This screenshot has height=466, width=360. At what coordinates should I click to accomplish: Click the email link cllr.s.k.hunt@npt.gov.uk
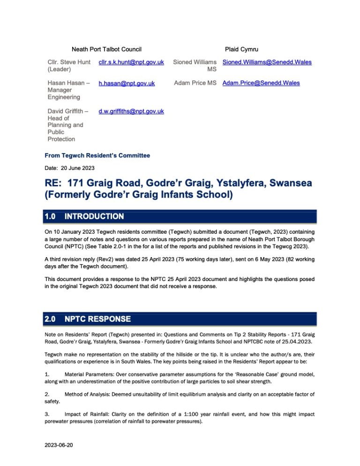[131, 62]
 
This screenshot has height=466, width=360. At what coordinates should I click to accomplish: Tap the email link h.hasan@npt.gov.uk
[126, 83]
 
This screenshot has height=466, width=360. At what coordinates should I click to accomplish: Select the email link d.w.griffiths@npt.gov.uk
[131, 111]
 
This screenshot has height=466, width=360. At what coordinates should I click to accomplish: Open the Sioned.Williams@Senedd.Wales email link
[267, 62]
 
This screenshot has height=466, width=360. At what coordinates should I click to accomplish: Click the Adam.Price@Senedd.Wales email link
[261, 83]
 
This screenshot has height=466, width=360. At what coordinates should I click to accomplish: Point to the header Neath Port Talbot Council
[106, 49]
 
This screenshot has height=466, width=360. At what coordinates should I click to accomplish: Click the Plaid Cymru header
[241, 49]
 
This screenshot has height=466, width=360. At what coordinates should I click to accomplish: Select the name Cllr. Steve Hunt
[69, 62]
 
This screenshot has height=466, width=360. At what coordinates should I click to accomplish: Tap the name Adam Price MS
[195, 83]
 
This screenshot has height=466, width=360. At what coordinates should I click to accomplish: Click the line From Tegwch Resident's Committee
[97, 155]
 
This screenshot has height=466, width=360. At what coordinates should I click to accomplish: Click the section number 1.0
[50, 216]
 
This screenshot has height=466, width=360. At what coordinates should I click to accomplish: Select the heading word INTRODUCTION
[94, 216]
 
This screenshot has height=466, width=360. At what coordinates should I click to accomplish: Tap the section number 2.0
[50, 319]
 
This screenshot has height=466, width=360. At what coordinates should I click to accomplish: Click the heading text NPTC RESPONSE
[97, 319]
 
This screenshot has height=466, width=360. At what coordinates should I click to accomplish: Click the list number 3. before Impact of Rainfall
[47, 414]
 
